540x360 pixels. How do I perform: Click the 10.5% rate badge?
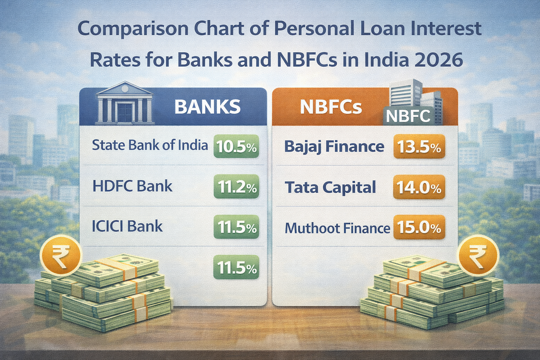click(236, 146)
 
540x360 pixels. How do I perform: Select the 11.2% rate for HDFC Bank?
click(236, 187)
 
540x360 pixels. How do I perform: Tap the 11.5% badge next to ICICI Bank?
click(236, 227)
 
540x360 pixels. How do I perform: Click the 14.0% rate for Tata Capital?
click(419, 187)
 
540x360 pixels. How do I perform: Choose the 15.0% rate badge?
click(419, 228)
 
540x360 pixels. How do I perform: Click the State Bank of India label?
click(150, 145)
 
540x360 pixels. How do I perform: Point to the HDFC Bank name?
click(133, 186)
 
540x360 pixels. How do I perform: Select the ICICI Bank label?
click(127, 226)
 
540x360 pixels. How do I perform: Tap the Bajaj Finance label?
click(334, 146)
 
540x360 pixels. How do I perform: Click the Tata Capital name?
click(330, 187)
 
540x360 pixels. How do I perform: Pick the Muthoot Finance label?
click(337, 229)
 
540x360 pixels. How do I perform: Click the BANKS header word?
click(207, 107)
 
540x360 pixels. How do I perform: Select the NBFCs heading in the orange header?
click(331, 107)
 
